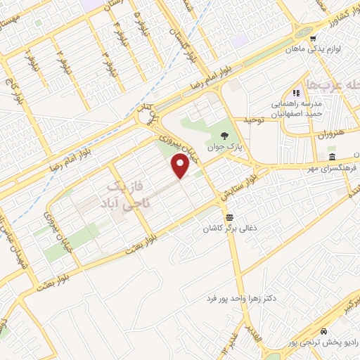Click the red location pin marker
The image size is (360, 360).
(181, 166)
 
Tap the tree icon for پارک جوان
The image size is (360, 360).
(223, 136)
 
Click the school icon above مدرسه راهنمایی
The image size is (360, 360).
(296, 92)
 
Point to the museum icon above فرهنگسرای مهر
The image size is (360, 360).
(331, 156)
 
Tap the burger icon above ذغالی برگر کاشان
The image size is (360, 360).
(229, 216)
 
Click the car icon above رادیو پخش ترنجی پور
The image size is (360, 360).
(323, 330)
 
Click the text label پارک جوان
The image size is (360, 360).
(223, 148)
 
